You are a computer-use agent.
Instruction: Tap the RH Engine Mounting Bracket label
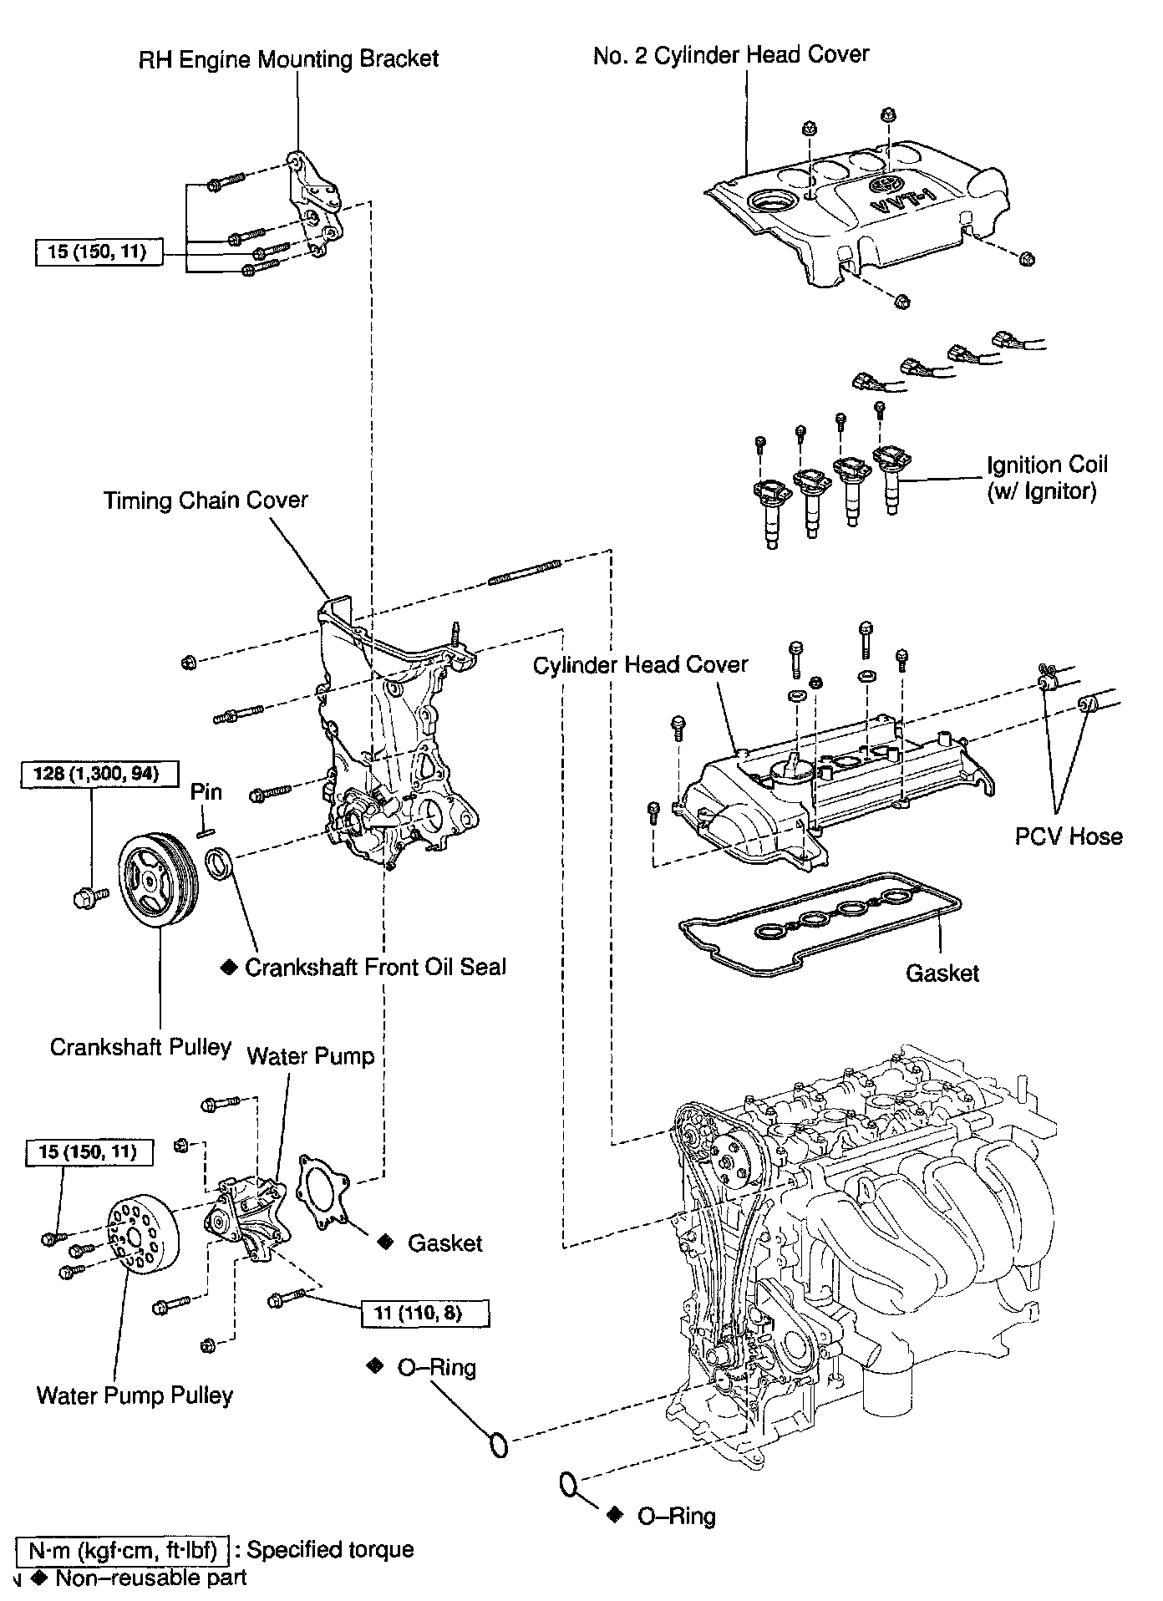[x=289, y=59]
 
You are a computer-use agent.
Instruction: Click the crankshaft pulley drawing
[x=158, y=880]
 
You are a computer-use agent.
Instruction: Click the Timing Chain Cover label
[x=206, y=501]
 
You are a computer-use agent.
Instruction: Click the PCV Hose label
[x=1069, y=836]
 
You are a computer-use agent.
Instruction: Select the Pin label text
[x=206, y=792]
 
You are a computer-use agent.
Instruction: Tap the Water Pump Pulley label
[x=135, y=1395]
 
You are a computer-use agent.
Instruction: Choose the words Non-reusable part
[x=151, y=1578]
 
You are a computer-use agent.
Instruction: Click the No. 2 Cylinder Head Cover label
[x=731, y=55]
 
